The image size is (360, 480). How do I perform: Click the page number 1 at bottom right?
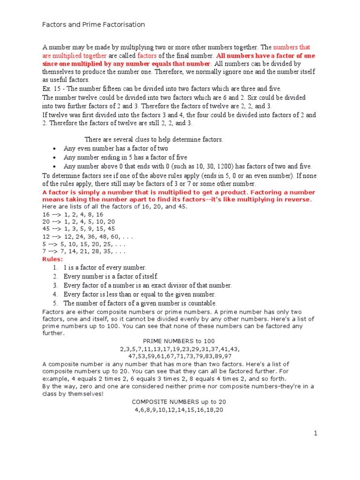[316, 434]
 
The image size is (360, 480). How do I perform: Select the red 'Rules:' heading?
[52, 259]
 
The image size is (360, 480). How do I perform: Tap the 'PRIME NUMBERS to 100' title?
[179, 341]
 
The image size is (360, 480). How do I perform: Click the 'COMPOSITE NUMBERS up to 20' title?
[179, 402]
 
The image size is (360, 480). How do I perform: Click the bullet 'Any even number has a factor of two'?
[116, 149]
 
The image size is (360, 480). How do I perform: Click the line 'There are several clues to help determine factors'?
[154, 139]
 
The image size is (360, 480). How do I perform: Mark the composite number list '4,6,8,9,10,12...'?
[179, 410]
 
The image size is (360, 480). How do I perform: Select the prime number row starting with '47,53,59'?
[179, 356]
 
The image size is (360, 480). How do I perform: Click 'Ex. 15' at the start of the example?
[51, 89]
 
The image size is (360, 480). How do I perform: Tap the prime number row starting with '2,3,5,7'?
[179, 349]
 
